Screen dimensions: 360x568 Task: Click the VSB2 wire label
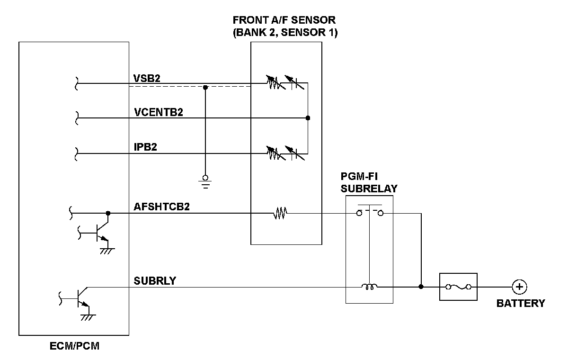pos(147,78)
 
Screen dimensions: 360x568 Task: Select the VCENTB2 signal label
pos(159,112)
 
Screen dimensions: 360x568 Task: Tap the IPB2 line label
pos(145,147)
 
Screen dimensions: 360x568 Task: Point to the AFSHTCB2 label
pos(162,207)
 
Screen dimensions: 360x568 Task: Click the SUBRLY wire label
pos(155,281)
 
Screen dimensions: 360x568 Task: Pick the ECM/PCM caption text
pos(74,346)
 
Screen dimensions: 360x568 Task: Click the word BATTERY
pos(520,303)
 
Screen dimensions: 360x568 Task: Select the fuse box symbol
pos(458,287)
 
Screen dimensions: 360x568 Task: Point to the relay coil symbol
pos(369,286)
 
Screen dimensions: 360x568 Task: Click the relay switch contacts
pos(369,212)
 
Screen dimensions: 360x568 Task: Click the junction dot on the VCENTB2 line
pos(308,118)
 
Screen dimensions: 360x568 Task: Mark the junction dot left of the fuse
pos(421,287)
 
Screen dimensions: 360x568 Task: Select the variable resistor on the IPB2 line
pos(274,153)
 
